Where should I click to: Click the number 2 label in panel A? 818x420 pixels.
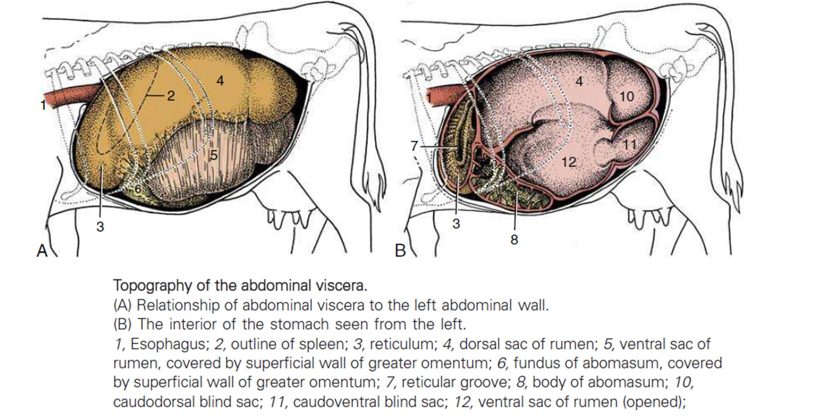tap(171, 96)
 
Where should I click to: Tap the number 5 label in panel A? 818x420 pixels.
tap(214, 155)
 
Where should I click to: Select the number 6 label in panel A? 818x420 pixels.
tap(138, 189)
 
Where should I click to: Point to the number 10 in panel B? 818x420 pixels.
tap(627, 96)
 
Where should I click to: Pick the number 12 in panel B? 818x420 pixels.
tap(569, 162)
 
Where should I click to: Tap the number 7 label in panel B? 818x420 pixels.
tap(414, 146)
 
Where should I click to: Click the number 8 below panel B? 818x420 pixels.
tap(514, 240)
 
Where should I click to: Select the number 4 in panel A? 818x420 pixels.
tap(220, 81)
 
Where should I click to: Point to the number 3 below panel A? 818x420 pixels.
tap(100, 227)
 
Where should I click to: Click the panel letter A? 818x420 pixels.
tap(42, 251)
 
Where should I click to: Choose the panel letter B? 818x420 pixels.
tap(400, 251)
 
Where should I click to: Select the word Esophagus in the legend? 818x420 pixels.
tap(169, 345)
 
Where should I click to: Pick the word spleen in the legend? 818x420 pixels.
tap(323, 345)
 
